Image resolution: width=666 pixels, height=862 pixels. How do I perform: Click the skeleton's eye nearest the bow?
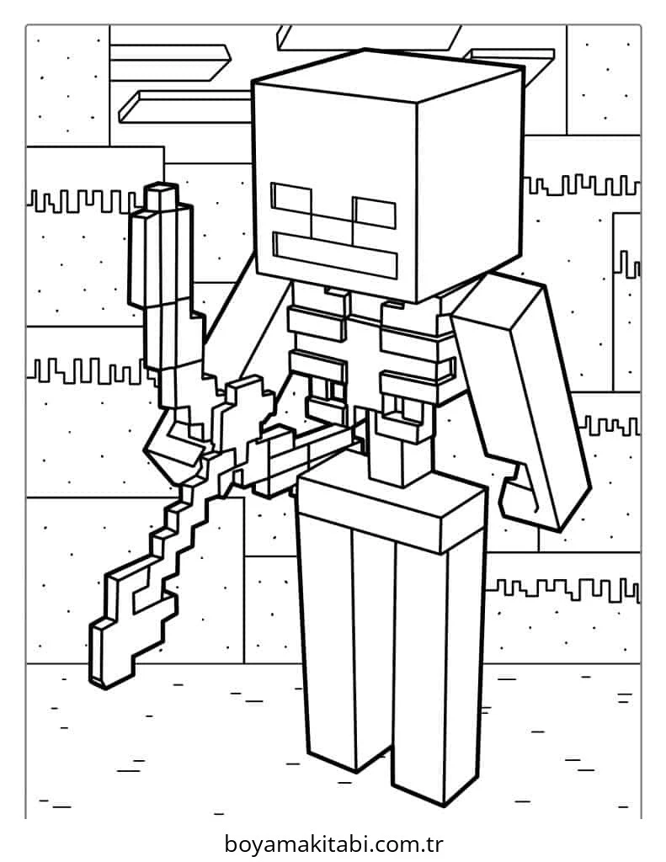click(291, 203)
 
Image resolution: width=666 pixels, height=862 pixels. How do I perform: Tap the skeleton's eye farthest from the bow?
click(375, 213)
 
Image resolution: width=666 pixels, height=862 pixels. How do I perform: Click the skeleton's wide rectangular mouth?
click(335, 255)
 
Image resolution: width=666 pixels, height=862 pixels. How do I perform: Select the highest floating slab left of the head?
click(170, 62)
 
